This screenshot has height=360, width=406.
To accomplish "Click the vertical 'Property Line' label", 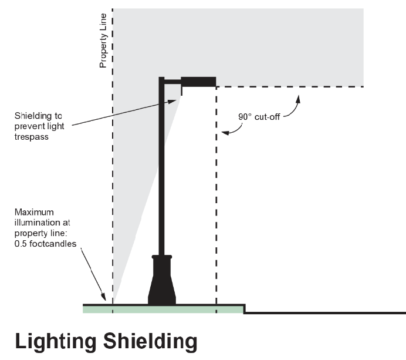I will tap(103, 41).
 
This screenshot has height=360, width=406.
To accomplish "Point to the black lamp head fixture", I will tap(198, 82).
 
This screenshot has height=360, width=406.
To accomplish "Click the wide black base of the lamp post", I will tap(162, 287).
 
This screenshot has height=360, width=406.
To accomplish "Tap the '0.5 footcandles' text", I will tap(45, 244).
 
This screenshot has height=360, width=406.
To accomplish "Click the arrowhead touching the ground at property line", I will tap(104, 298).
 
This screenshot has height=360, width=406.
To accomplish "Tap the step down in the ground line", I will tap(244, 309).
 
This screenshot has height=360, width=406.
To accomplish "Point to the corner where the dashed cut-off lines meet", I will tap(216, 87).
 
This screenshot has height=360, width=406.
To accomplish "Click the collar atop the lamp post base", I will tap(162, 257).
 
